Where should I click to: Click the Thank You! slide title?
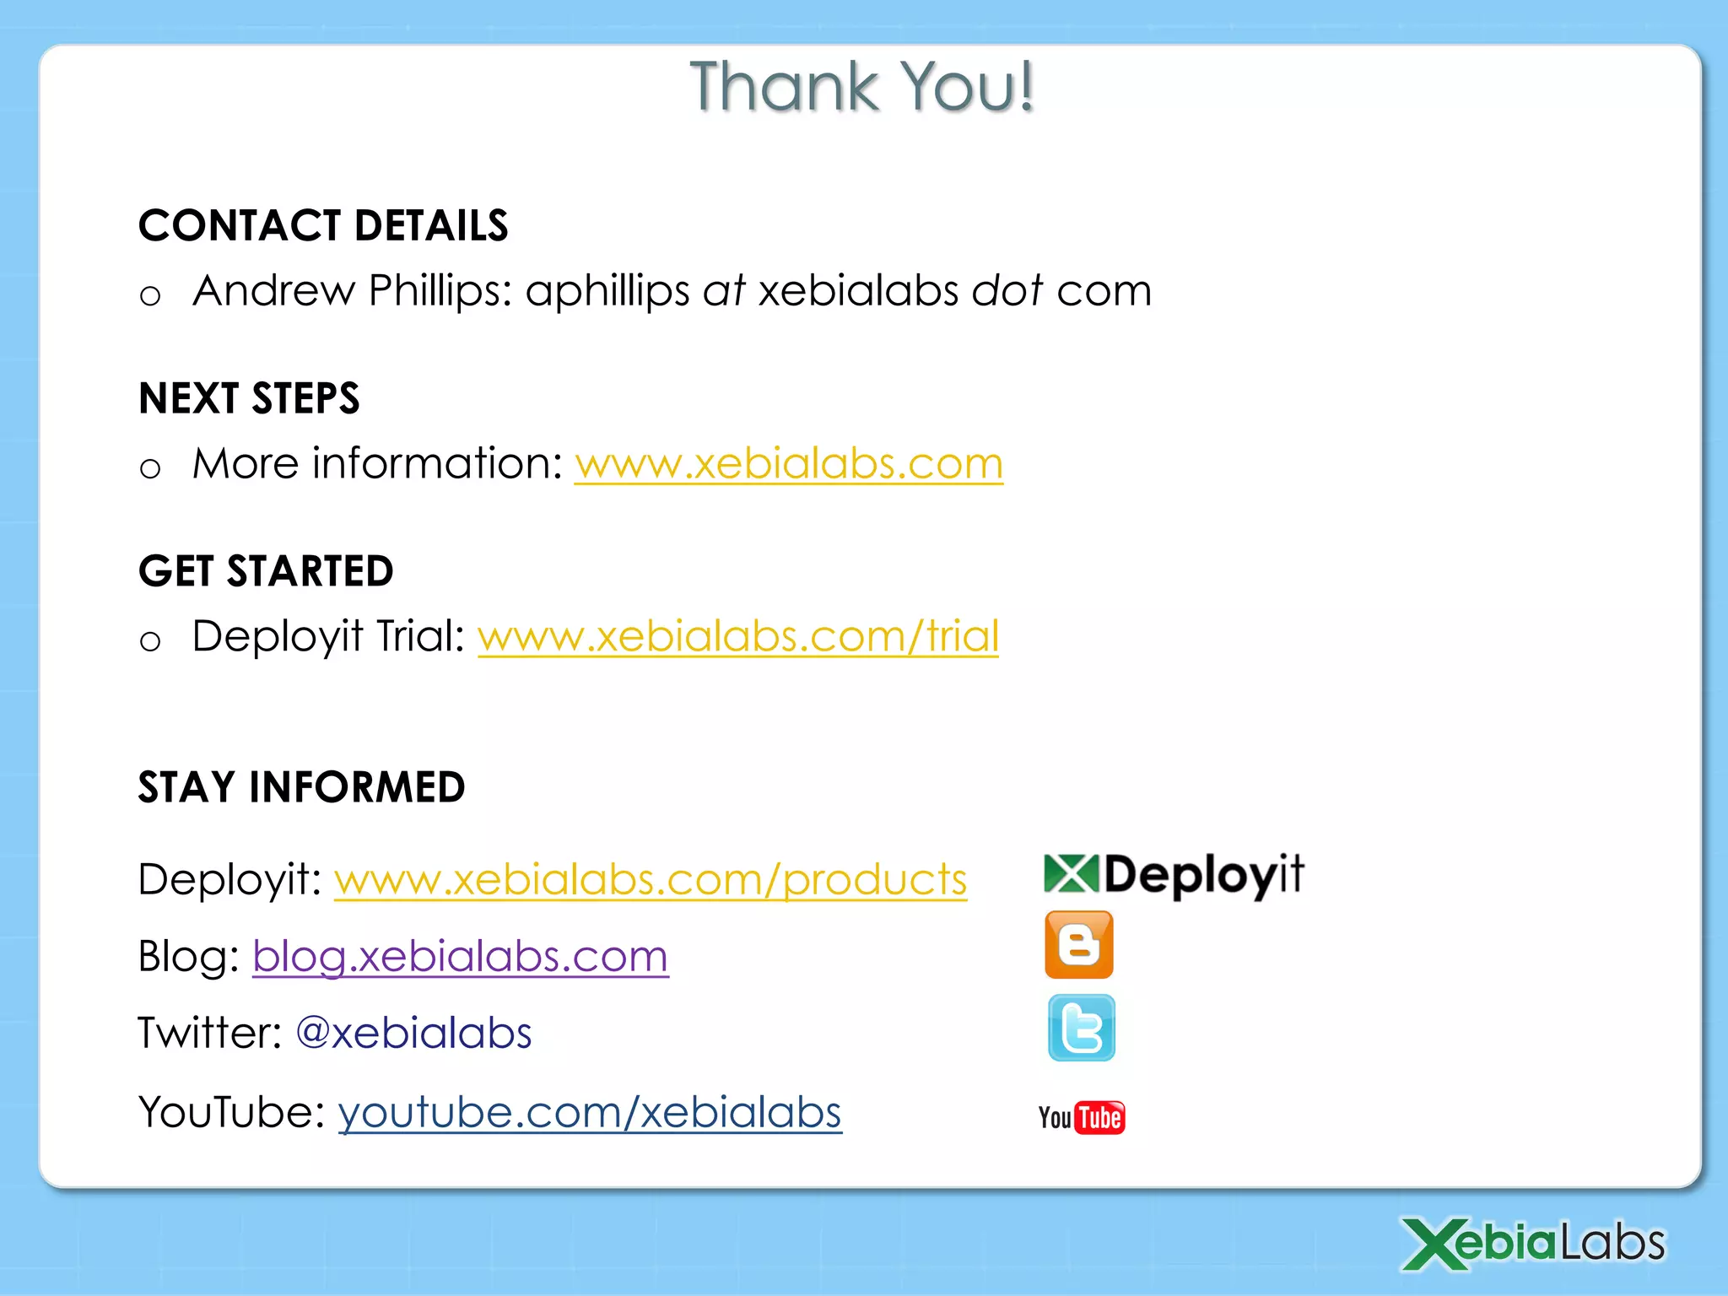[x=862, y=87]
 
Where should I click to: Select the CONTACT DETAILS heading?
[x=323, y=226]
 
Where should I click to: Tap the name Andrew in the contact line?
[x=274, y=291]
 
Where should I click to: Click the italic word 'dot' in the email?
[x=1007, y=291]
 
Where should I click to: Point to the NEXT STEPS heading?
[x=249, y=398]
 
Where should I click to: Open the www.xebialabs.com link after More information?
[x=789, y=464]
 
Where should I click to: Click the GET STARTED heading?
[x=266, y=571]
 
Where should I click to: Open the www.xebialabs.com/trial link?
[x=738, y=637]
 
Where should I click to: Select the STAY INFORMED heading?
[x=301, y=787]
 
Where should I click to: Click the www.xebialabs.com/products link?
[x=650, y=880]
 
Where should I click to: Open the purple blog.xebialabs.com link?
[x=460, y=957]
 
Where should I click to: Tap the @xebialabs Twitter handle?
[x=413, y=1034]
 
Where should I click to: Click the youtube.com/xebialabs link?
[x=590, y=1112]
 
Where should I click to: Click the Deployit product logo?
[x=1173, y=875]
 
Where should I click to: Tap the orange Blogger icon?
[x=1078, y=945]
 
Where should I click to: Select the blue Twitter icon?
[x=1081, y=1028]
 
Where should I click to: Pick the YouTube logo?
[x=1081, y=1118]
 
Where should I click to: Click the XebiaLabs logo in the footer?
[x=1532, y=1244]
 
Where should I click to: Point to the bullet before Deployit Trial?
[x=150, y=641]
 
